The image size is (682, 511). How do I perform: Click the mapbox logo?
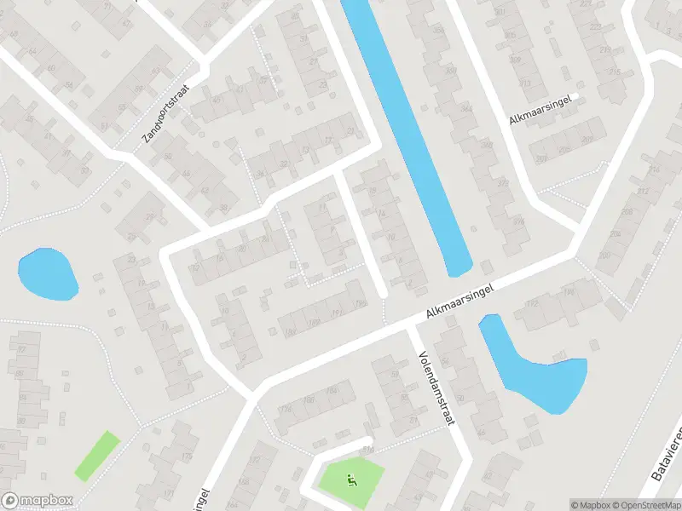click(x=37, y=501)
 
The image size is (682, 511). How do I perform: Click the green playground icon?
click(x=350, y=479)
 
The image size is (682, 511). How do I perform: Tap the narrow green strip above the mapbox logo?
click(x=96, y=454)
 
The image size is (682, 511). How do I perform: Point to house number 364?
click(x=465, y=109)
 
